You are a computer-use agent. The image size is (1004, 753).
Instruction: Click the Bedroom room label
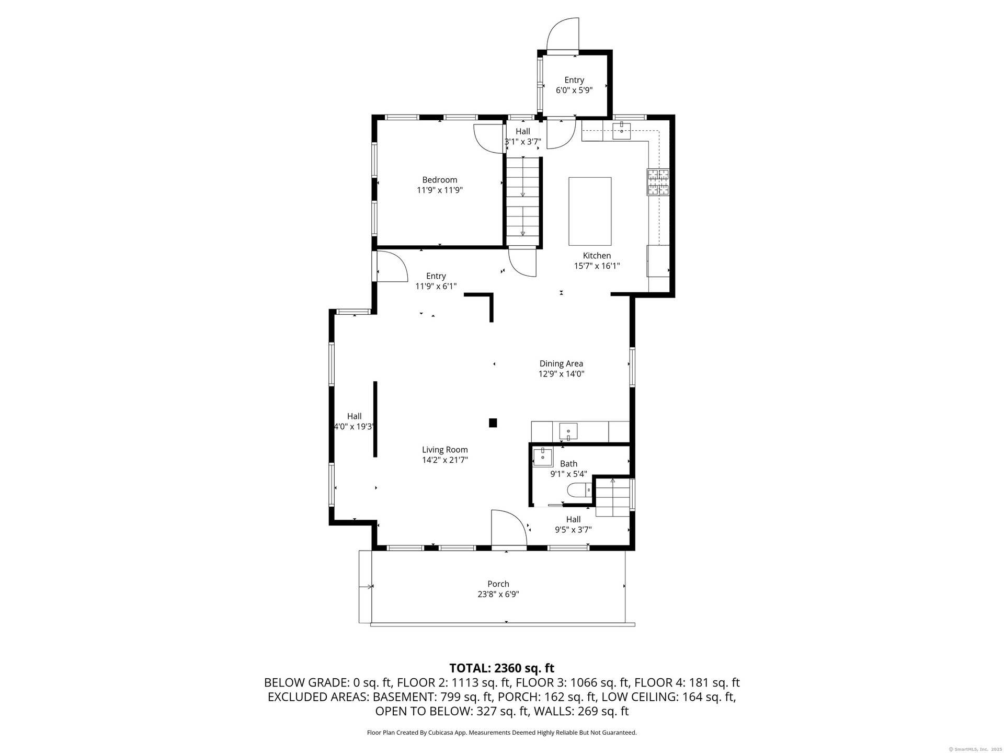(x=440, y=180)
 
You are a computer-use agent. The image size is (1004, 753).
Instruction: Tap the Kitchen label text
(x=597, y=256)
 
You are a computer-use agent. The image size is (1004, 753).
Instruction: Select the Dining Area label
(x=561, y=363)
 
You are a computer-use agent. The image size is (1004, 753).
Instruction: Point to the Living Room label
(x=445, y=450)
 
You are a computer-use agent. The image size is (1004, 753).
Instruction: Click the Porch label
(x=498, y=584)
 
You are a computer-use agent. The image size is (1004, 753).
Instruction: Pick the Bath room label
(x=568, y=464)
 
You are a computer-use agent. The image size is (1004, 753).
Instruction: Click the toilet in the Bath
(x=579, y=490)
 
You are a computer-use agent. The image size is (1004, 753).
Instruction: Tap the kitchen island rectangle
(x=590, y=211)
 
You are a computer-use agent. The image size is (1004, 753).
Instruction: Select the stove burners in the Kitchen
(x=658, y=182)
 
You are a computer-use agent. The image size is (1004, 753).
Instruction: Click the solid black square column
(x=493, y=423)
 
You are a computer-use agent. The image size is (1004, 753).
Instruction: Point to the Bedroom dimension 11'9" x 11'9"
(x=440, y=190)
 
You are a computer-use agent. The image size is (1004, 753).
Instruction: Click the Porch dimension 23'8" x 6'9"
(x=498, y=594)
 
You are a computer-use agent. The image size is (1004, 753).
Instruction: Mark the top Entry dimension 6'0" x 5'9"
(x=574, y=90)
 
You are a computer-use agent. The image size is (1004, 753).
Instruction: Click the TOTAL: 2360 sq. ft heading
(x=502, y=668)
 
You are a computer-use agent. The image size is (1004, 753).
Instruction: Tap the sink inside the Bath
(x=543, y=457)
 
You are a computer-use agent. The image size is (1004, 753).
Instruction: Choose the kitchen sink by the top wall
(x=621, y=130)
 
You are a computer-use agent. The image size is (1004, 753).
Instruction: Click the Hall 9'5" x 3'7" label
(x=573, y=524)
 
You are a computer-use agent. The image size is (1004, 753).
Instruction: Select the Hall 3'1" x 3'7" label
(x=523, y=136)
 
